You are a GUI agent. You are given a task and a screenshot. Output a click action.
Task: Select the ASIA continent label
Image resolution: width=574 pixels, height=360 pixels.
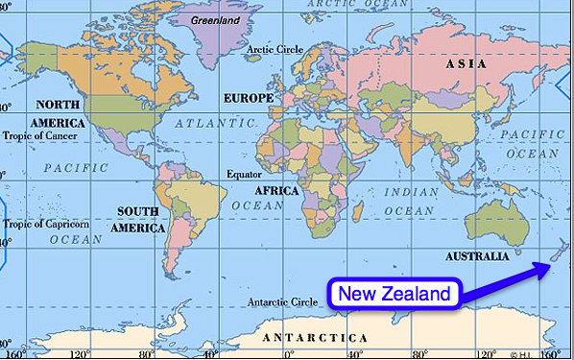[x=466, y=63]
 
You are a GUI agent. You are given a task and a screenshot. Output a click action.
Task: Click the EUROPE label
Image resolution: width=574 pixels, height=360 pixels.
[x=249, y=98]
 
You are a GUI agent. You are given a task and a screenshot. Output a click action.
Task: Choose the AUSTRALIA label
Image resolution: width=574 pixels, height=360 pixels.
[x=477, y=256]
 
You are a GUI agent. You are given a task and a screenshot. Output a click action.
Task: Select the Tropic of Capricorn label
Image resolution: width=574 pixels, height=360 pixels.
[x=46, y=225]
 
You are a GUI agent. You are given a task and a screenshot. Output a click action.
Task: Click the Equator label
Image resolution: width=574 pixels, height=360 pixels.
[x=244, y=174]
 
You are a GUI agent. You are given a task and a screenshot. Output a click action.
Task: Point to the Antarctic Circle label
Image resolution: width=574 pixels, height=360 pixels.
[x=283, y=301]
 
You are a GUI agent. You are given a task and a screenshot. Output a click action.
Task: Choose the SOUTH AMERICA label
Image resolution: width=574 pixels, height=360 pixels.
[x=139, y=220]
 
